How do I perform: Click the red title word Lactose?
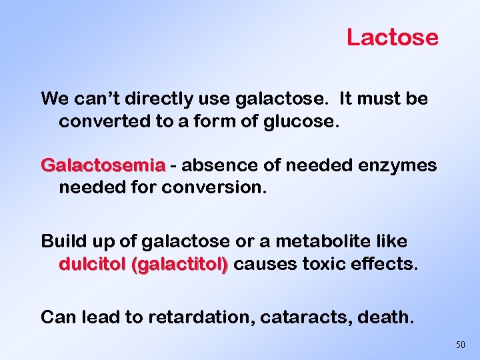click(392, 37)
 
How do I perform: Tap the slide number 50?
click(461, 345)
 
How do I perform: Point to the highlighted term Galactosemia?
click(103, 165)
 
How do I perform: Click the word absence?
click(213, 165)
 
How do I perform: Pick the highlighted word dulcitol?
click(93, 264)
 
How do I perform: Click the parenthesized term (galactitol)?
click(180, 264)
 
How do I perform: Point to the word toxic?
click(326, 264)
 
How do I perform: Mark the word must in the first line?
click(378, 99)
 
